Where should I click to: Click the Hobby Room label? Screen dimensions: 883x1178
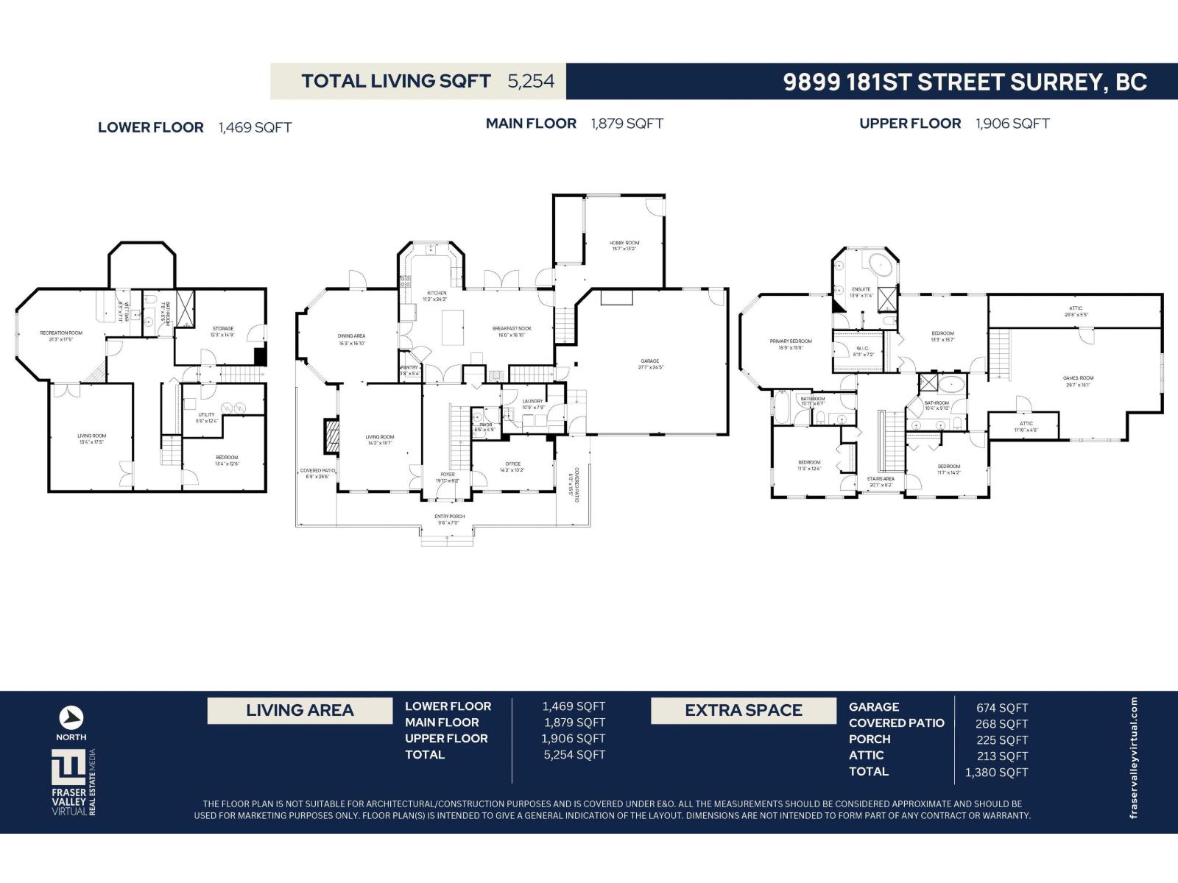(x=624, y=246)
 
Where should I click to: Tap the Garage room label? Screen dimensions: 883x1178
(x=649, y=364)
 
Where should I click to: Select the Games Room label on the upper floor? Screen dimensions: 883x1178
(x=1078, y=380)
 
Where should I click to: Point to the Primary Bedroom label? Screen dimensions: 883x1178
(x=791, y=344)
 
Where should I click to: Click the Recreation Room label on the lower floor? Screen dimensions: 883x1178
(x=61, y=336)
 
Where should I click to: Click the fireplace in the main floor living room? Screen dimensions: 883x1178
(x=333, y=436)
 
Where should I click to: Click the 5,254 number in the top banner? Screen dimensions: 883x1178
(x=531, y=81)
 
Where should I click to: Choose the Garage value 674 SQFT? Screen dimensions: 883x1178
(x=1002, y=708)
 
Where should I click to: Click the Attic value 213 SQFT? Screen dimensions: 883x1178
(x=1002, y=756)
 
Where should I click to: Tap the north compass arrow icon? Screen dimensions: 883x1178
(x=71, y=717)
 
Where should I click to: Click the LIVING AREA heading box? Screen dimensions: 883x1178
(x=300, y=711)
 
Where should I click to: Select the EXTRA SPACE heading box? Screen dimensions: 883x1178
(x=744, y=711)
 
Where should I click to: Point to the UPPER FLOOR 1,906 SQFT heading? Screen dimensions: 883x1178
(x=954, y=124)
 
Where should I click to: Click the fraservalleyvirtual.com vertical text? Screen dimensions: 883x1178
(x=1134, y=758)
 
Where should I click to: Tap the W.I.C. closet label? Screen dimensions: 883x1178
(x=862, y=351)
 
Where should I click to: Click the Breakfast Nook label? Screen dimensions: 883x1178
(x=512, y=331)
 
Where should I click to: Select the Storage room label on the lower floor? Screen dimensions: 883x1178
(x=223, y=331)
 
